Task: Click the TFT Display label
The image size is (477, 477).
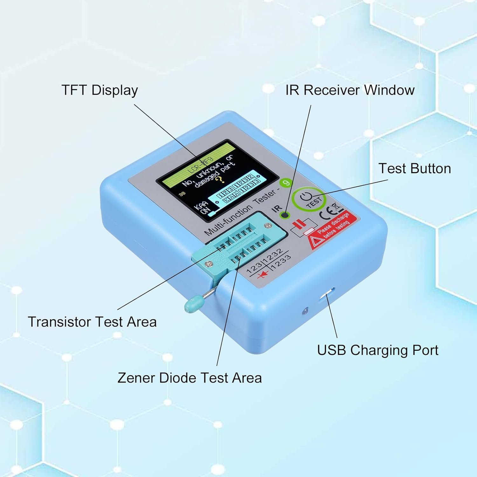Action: tap(100, 90)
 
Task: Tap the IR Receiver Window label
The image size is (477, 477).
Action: tap(350, 90)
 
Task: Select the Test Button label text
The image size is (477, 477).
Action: tap(414, 169)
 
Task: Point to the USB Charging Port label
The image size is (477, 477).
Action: tap(377, 350)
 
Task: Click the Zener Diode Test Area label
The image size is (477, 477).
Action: tap(190, 378)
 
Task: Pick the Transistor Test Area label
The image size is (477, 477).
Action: tap(92, 322)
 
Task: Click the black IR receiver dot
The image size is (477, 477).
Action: tap(285, 215)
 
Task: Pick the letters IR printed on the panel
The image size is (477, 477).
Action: tap(277, 208)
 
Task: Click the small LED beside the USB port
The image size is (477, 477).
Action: tap(306, 310)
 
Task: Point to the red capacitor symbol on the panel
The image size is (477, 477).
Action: tap(299, 225)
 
